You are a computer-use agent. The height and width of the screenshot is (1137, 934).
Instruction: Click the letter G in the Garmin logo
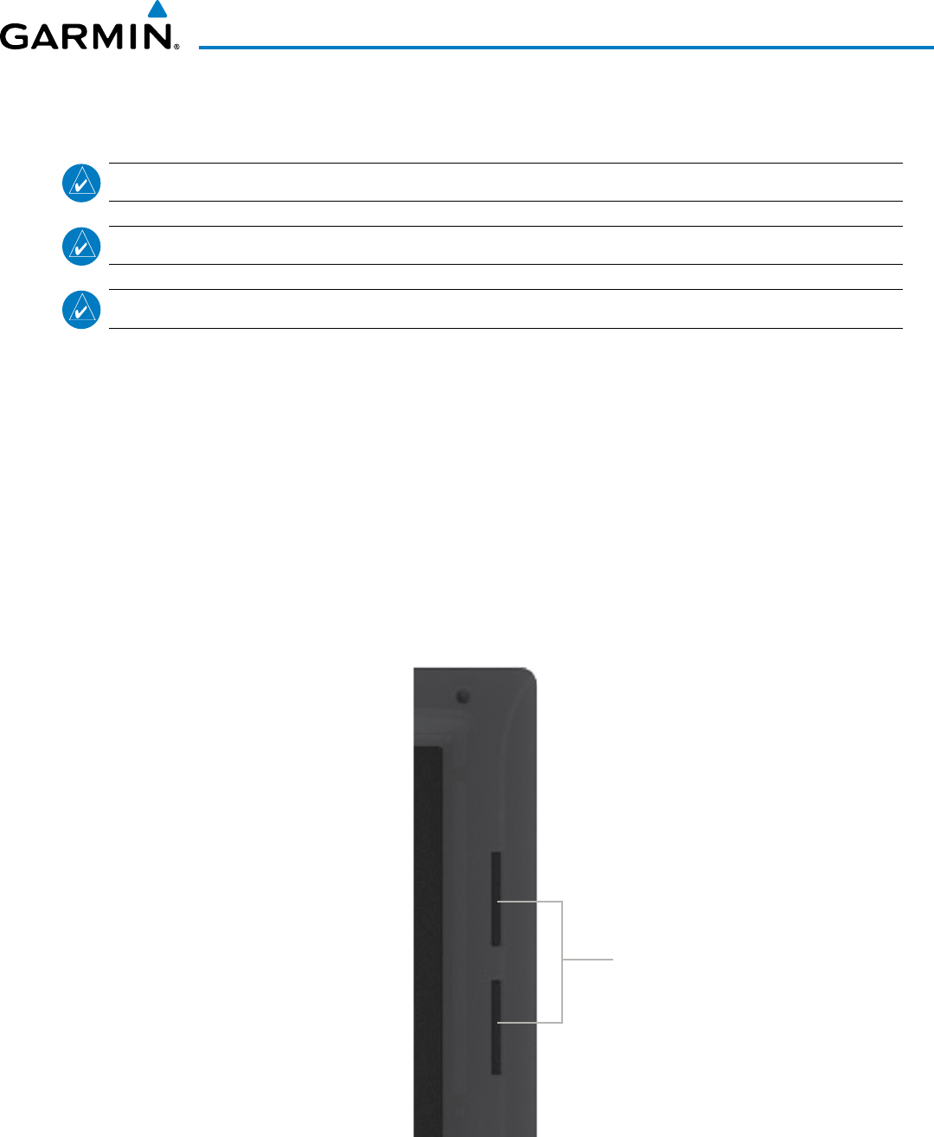(x=14, y=36)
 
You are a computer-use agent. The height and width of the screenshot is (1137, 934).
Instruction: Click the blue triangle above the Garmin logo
(x=157, y=10)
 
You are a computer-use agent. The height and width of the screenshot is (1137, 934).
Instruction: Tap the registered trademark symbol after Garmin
(x=176, y=47)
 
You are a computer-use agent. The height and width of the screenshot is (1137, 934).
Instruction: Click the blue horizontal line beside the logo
(x=566, y=48)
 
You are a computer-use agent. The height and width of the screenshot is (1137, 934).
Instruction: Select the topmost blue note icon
(x=81, y=183)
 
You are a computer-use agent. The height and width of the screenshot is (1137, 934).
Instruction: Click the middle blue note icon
(x=81, y=247)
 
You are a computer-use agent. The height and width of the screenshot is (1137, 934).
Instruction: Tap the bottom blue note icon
(x=81, y=310)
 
